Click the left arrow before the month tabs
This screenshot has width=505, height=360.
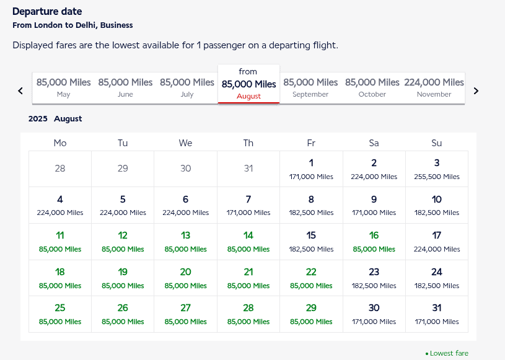pos(20,90)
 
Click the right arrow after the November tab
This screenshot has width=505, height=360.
pos(476,90)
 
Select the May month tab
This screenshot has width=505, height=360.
pos(63,87)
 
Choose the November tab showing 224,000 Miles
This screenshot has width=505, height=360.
pos(434,87)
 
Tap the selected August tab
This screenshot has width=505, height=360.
pos(248,84)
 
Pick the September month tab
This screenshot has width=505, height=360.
pos(310,87)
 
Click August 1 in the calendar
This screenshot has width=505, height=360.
pos(311,169)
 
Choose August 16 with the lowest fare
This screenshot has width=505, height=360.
pos(374,242)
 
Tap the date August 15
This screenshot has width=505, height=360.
pos(311,242)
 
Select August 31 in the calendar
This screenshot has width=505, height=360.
pos(437,314)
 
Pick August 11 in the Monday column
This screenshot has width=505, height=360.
pos(60,242)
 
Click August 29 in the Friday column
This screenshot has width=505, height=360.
pos(311,314)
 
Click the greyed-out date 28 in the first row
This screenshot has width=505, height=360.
pos(60,169)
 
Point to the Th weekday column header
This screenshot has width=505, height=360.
pos(248,143)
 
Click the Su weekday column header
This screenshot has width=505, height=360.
pos(437,143)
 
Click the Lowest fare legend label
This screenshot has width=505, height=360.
pos(449,353)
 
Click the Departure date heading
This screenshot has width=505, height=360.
pos(47,12)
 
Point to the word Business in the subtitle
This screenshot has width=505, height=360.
pos(116,25)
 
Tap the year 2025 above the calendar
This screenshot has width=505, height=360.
pos(38,118)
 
